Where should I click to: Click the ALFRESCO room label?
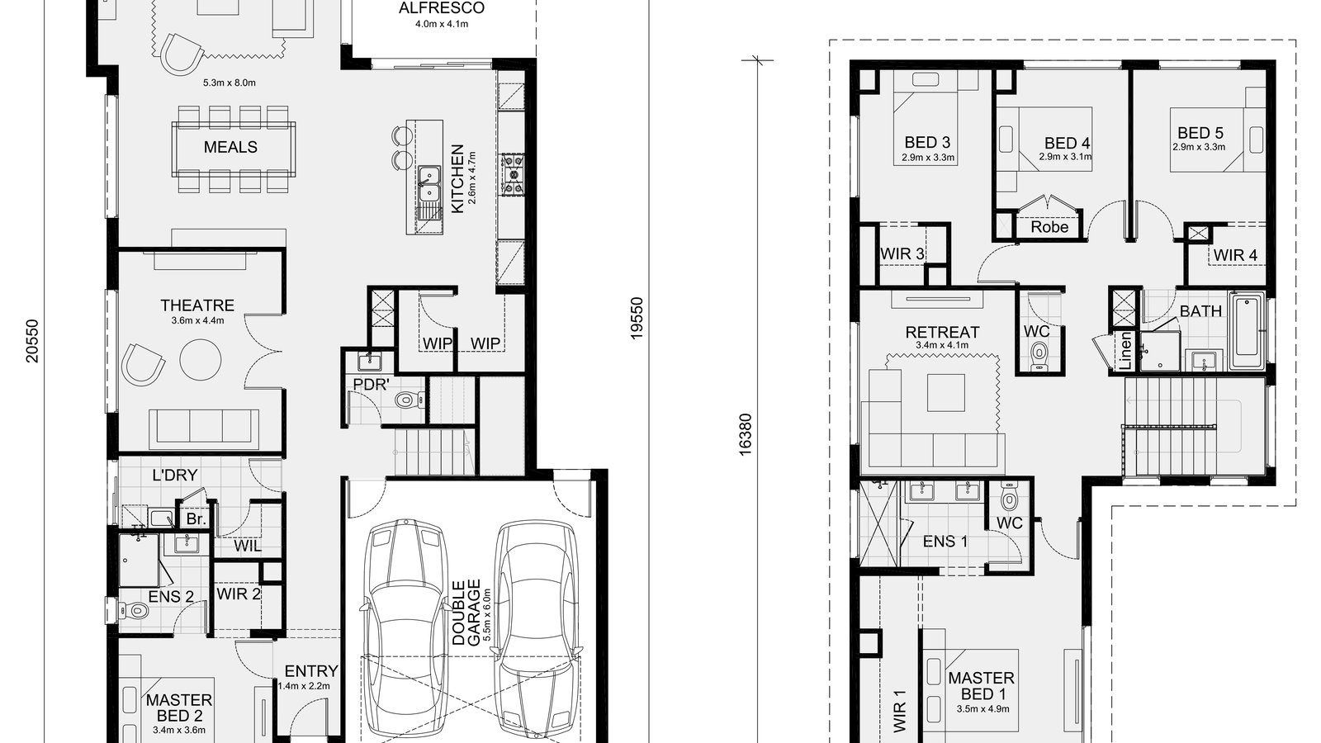pos(442,7)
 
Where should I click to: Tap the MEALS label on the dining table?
pos(230,147)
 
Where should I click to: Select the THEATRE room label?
pos(197,305)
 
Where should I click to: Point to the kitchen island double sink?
pos(428,184)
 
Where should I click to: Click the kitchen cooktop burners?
pos(512,174)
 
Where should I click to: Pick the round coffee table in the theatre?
pos(201,360)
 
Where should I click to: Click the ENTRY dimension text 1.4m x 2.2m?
pos(304,686)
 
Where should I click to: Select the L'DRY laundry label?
pos(175,476)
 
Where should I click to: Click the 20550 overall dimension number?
pos(32,341)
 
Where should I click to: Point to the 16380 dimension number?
pos(746,434)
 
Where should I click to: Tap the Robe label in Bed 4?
pos(1049,227)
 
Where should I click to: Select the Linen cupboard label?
pos(1125,351)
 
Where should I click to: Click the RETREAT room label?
pos(942,332)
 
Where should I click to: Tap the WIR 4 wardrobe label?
pos(1235,255)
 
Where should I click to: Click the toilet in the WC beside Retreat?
pos(1039,356)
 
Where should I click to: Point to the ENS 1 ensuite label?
pos(945,542)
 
